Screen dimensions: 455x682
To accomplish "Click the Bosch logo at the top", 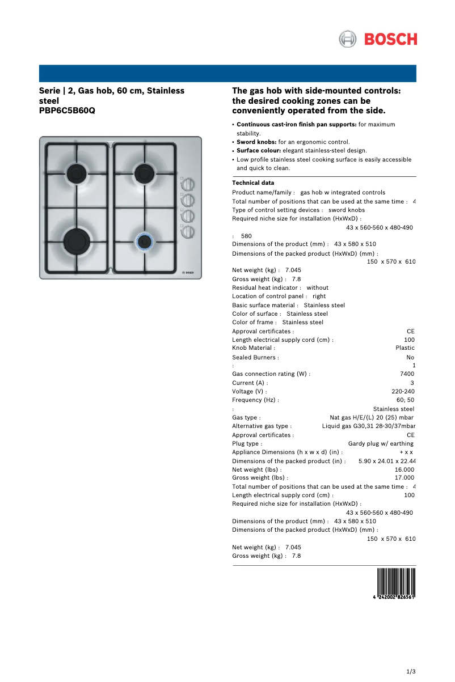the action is (378, 39).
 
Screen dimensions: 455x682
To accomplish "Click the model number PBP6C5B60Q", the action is (67, 111).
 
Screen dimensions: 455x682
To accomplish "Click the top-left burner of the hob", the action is (75, 171).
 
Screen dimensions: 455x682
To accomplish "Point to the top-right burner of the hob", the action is (142, 170).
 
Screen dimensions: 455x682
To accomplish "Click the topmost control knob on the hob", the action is (188, 185).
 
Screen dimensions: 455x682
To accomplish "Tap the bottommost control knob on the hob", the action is (188, 231).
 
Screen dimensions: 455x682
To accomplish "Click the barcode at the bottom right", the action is (396, 584).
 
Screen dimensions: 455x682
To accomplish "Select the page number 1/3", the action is (411, 672).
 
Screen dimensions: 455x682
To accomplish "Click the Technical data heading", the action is (253, 183).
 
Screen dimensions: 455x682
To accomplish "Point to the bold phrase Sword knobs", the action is (256, 142).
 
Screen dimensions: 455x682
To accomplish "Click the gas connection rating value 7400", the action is (407, 374).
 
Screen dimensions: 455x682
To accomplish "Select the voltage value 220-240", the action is (403, 391).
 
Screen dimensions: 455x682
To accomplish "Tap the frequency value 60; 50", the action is (405, 400).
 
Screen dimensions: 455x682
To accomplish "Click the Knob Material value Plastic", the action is (405, 348).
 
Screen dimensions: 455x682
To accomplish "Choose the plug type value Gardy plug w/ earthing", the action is (381, 443).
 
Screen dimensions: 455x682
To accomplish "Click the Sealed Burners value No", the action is (410, 358).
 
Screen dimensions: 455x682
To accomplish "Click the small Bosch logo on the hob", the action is (190, 272).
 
